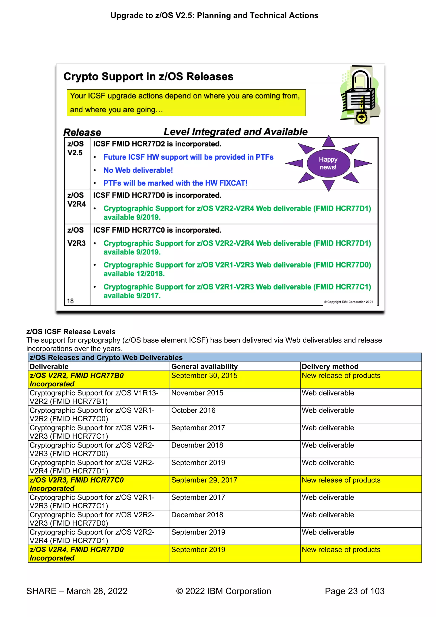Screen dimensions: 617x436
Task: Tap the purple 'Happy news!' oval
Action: tap(328, 163)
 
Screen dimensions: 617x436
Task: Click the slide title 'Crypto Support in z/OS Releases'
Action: tap(148, 77)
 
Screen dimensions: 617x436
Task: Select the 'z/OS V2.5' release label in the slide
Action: tap(75, 148)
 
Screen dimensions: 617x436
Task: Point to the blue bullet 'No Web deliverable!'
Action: tap(138, 170)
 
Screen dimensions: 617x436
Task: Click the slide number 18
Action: tap(70, 301)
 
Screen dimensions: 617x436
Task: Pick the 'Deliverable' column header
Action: tap(49, 367)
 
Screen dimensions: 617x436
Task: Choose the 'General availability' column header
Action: tap(204, 367)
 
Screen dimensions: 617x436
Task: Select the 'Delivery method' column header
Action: tap(330, 367)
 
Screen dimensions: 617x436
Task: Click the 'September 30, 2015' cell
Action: tap(204, 376)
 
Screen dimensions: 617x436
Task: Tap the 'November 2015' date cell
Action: tap(197, 393)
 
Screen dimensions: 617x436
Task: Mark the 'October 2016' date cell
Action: tap(193, 410)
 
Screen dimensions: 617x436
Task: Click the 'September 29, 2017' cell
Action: tap(204, 480)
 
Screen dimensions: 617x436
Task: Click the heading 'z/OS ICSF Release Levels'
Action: tap(71, 332)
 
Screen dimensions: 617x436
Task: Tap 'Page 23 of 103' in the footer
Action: tap(354, 591)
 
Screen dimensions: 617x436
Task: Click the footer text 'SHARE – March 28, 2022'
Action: tap(77, 591)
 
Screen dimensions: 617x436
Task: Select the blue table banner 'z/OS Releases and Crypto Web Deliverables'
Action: tap(106, 358)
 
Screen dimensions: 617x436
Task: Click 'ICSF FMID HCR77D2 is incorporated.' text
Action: tap(157, 144)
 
